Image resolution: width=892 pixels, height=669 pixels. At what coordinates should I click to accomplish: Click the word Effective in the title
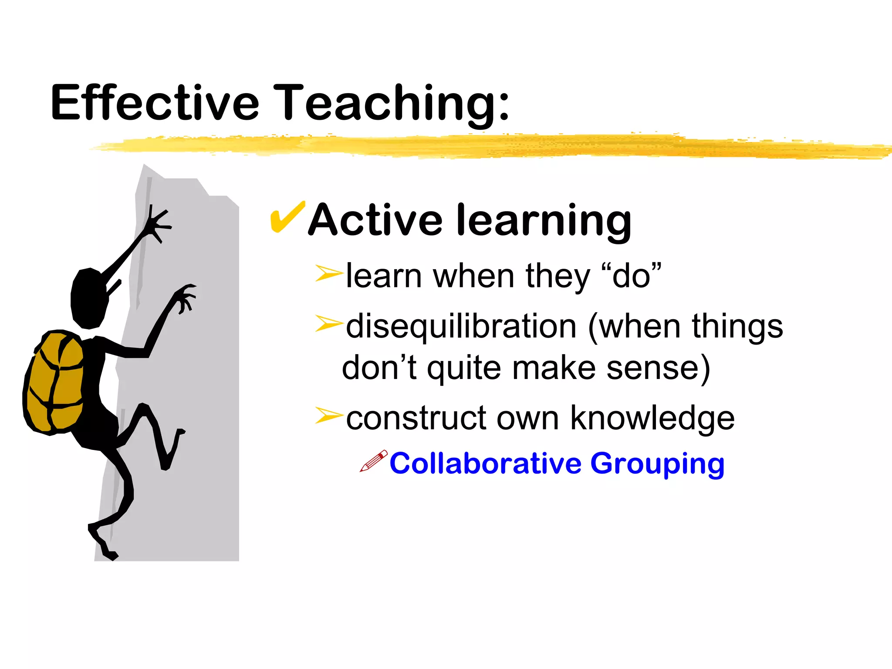[x=155, y=103]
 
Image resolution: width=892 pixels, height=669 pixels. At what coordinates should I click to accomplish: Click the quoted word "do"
[x=631, y=276]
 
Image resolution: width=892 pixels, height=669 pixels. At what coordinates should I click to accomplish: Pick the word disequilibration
[x=461, y=327]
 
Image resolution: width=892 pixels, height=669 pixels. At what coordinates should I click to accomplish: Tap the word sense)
[x=658, y=368]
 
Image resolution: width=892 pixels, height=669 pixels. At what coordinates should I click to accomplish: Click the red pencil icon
[x=373, y=461]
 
